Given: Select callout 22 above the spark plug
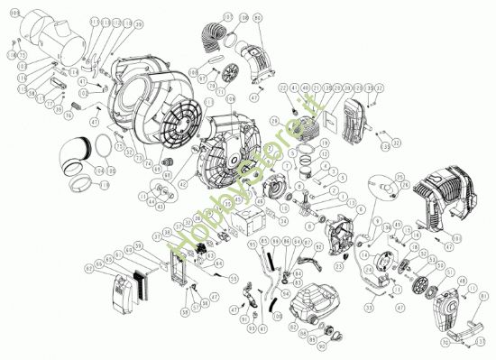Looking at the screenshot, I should (282, 88).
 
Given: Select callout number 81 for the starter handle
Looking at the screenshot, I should (484, 295).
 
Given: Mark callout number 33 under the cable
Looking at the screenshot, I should (369, 307).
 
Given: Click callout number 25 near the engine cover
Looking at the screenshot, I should (398, 176).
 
